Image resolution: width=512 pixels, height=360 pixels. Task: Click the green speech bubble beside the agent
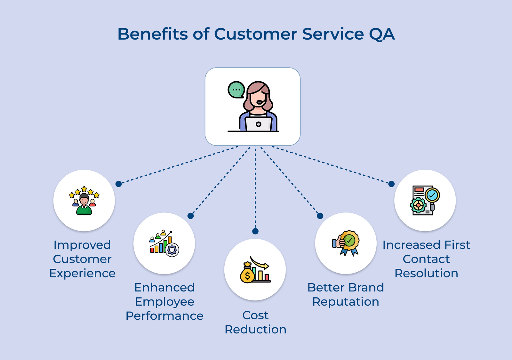click(236, 90)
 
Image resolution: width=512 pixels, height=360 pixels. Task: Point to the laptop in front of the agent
click(259, 124)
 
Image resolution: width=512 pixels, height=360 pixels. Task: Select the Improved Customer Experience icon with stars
click(84, 200)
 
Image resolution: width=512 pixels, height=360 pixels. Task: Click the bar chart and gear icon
click(164, 243)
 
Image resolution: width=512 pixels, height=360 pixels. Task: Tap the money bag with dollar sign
click(247, 274)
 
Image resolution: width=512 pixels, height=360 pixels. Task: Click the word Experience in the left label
click(82, 273)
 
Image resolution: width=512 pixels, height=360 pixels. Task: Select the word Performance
click(164, 316)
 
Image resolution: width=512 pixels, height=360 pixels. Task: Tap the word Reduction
click(255, 329)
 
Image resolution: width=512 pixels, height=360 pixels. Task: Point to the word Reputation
click(346, 302)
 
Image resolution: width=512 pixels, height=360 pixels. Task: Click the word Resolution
click(426, 273)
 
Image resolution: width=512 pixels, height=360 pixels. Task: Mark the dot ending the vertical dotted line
click(255, 231)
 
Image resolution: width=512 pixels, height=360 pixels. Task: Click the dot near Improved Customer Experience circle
click(118, 184)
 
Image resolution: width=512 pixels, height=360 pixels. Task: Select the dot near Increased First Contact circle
click(391, 184)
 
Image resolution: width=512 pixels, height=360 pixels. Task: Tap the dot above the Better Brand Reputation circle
click(320, 216)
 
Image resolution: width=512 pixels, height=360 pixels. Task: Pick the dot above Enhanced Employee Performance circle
click(190, 216)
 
